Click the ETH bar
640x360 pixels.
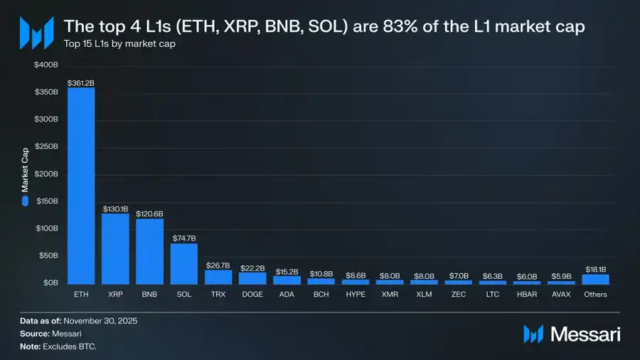click(81, 186)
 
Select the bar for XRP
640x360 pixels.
click(115, 248)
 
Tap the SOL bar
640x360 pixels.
click(184, 263)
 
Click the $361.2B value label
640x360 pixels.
click(81, 83)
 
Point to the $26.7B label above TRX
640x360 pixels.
click(218, 265)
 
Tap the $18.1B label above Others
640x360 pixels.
click(596, 270)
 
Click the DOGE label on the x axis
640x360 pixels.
click(252, 294)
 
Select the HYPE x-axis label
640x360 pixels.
click(356, 294)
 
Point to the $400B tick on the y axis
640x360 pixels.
click(46, 65)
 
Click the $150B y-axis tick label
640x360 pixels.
click(46, 201)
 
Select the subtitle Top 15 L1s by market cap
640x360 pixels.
click(119, 44)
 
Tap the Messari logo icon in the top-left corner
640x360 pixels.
click(36, 31)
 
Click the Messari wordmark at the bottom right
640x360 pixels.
click(584, 334)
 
